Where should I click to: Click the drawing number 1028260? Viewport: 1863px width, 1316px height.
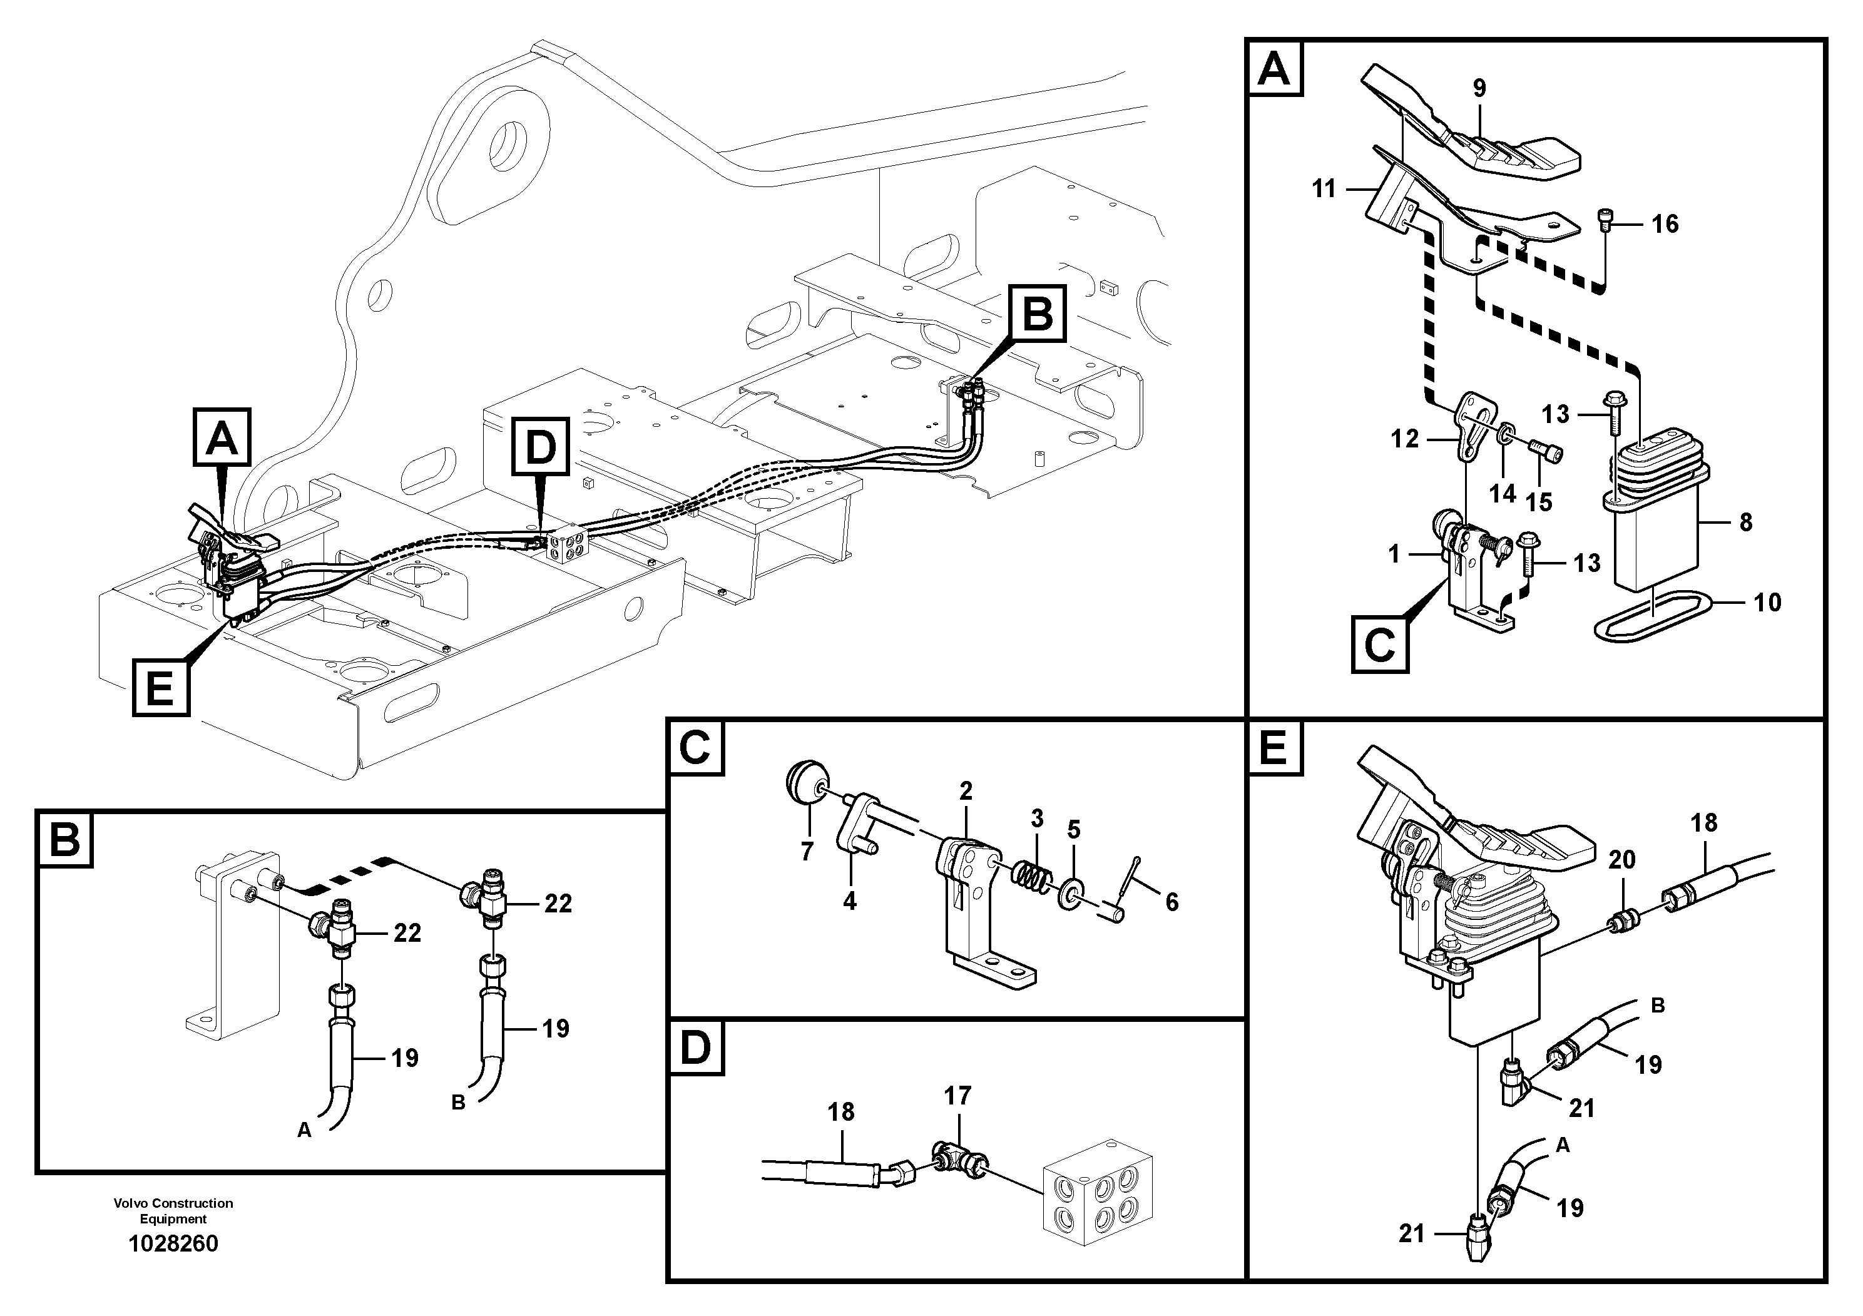pyautogui.click(x=173, y=1244)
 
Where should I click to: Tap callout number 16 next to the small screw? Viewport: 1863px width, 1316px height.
pyautogui.click(x=1665, y=224)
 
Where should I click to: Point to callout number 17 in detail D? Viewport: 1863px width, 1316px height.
pyautogui.click(x=957, y=1096)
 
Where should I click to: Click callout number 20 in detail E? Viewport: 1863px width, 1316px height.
pyautogui.click(x=1621, y=859)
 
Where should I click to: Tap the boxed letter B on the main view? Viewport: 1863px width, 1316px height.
pyautogui.click(x=1037, y=314)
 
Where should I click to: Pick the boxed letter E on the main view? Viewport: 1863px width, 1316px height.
pyautogui.click(x=161, y=689)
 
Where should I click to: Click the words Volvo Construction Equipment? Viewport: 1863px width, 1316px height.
pyautogui.click(x=173, y=1210)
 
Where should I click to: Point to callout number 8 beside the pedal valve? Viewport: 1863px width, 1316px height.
pyautogui.click(x=1746, y=522)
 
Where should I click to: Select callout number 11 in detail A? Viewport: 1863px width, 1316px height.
pyautogui.click(x=1324, y=189)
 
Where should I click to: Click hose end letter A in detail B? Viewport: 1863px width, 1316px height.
pyautogui.click(x=304, y=1130)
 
